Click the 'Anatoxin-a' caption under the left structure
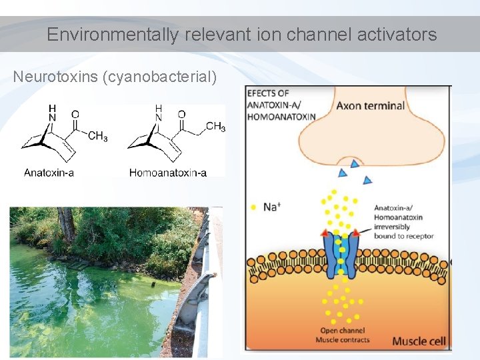[49, 173]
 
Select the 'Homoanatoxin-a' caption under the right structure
[168, 173]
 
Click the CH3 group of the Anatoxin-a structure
[97, 137]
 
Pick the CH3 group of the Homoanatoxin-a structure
[215, 127]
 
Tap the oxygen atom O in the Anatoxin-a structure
[75, 114]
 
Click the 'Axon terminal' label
[370, 105]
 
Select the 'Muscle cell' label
[419, 341]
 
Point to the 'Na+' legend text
[271, 207]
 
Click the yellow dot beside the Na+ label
[253, 207]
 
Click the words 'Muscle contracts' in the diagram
[343, 341]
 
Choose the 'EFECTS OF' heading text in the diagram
[268, 93]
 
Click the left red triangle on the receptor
[324, 233]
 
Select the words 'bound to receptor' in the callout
[404, 235]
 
